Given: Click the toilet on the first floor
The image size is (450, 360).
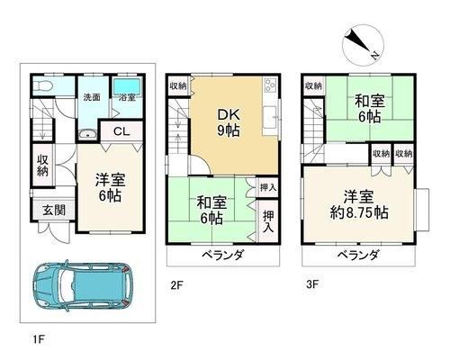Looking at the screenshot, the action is pos(42,86).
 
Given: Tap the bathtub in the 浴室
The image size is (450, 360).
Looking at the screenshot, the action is pos(127,85).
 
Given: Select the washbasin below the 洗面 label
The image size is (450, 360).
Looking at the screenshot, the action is pos(87,135).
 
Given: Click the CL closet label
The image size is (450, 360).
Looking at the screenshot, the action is pos(121,131).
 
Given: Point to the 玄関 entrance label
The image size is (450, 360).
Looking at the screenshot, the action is pos(54,210).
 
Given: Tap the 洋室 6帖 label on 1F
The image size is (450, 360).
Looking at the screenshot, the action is pos(110,188).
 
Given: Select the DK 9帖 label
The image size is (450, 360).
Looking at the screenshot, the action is pos(229,122).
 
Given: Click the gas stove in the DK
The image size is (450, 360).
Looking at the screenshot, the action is pos(270,85).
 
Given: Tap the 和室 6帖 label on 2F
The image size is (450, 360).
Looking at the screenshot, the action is pos(211,210).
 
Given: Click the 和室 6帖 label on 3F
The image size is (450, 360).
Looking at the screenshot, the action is pos(370,109).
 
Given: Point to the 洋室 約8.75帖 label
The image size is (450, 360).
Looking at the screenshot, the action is pos(359,204).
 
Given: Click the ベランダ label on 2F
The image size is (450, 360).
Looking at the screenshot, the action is pos(222,256).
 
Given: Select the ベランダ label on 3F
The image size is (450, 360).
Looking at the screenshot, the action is pos(358,256).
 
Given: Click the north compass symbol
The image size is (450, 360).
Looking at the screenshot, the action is pos(363,46).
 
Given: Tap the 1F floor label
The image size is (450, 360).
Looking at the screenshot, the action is pos(39,339).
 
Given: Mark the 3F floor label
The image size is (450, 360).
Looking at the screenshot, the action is pos(312,284).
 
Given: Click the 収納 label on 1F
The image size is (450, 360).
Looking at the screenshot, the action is pos(42,165).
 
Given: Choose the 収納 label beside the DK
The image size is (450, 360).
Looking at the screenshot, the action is pos(178,86).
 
